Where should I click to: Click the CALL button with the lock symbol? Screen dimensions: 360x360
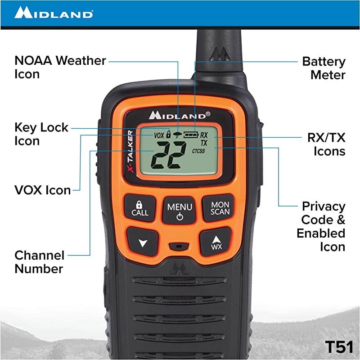pyautogui.click(x=139, y=208)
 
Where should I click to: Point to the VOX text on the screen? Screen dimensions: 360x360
pyautogui.click(x=159, y=135)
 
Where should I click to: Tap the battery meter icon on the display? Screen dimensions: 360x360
pyautogui.click(x=190, y=134)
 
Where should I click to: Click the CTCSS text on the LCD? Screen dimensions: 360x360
pyautogui.click(x=198, y=151)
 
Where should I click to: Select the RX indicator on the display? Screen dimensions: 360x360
pyautogui.click(x=204, y=135)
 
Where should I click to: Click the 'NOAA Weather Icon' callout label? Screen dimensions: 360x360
pyautogui.click(x=60, y=67)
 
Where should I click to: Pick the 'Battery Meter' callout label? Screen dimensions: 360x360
pyautogui.click(x=324, y=68)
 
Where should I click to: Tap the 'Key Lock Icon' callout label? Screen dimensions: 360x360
pyautogui.click(x=41, y=134)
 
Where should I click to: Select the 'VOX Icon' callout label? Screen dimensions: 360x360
pyautogui.click(x=43, y=190)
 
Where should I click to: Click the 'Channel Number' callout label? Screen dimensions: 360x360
pyautogui.click(x=40, y=262)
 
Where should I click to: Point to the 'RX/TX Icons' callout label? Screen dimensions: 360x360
pyautogui.click(x=326, y=144)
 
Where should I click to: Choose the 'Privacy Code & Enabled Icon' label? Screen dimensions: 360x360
pyautogui.click(x=321, y=226)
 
